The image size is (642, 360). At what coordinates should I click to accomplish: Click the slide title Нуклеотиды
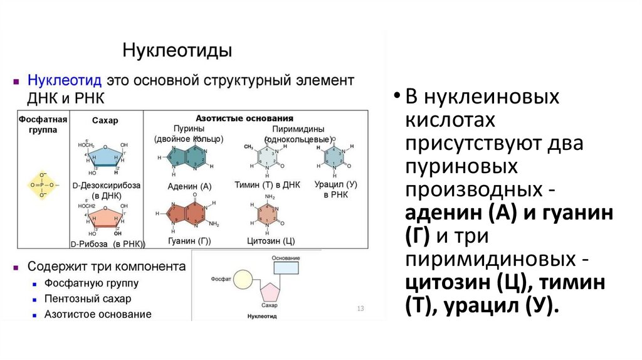pyautogui.click(x=177, y=50)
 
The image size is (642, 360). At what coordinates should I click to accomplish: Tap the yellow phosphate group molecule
pyautogui.click(x=43, y=185)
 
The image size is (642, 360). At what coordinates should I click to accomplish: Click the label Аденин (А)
pyautogui.click(x=190, y=186)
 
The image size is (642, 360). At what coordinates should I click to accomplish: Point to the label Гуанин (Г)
pyautogui.click(x=189, y=241)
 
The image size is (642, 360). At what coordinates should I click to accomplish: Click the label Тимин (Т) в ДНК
pyautogui.click(x=268, y=186)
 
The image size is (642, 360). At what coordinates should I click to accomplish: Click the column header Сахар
pyautogui.click(x=105, y=120)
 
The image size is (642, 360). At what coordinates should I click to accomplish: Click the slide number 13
pyautogui.click(x=360, y=309)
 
